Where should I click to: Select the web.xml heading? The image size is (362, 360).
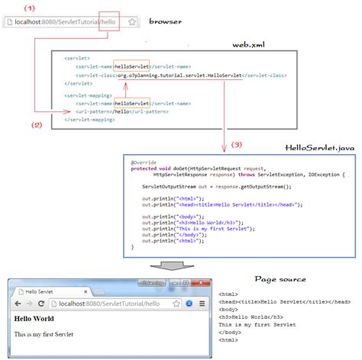click(x=250, y=45)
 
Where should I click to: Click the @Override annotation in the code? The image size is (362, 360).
click(x=142, y=162)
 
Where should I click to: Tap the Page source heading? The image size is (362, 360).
click(x=280, y=278)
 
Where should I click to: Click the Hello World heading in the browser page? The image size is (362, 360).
click(x=34, y=319)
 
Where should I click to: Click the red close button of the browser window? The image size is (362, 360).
click(x=199, y=283)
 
